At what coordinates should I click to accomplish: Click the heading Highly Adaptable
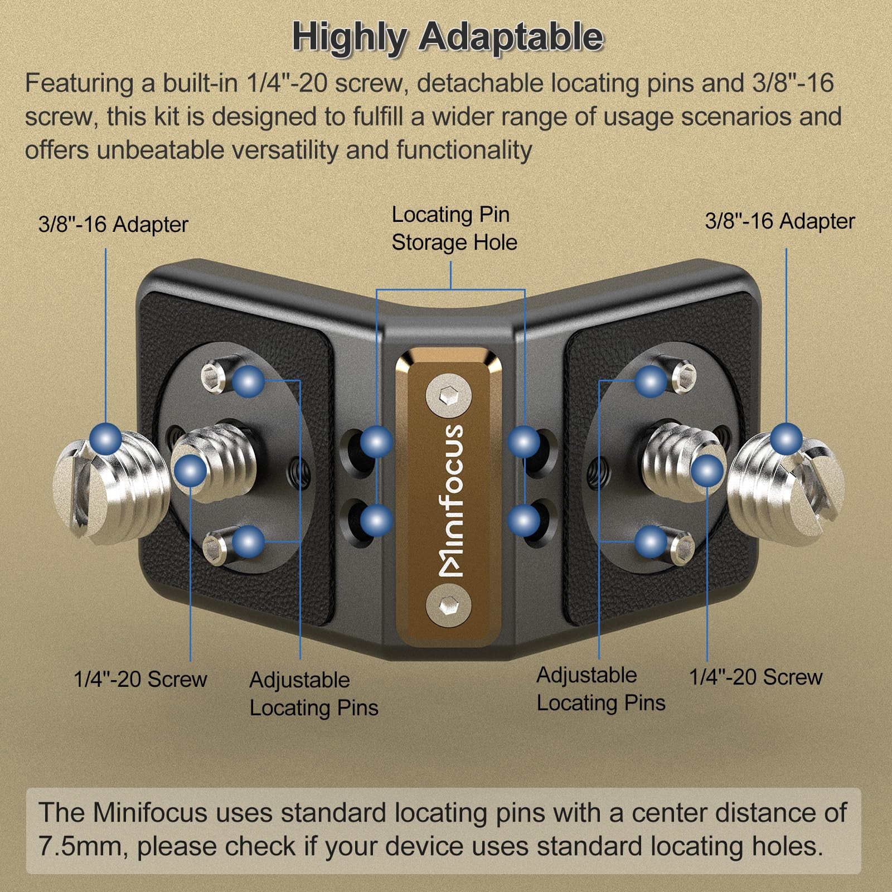pyautogui.click(x=448, y=37)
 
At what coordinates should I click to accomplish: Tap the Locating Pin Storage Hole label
pyautogui.click(x=454, y=229)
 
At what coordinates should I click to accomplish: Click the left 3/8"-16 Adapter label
pyautogui.click(x=113, y=225)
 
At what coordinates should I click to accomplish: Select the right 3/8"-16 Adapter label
pyautogui.click(x=779, y=221)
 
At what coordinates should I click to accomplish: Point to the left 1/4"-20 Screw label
pyautogui.click(x=140, y=679)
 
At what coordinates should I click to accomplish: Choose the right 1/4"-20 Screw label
pyautogui.click(x=756, y=677)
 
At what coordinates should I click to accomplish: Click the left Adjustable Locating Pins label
pyautogui.click(x=314, y=694)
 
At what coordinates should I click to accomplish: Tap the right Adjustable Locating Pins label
pyautogui.click(x=600, y=689)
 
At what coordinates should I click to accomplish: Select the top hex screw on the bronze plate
pyautogui.click(x=448, y=397)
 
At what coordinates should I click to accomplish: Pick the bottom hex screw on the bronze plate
pyautogui.click(x=448, y=604)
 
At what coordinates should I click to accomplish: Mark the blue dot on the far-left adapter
pyautogui.click(x=106, y=438)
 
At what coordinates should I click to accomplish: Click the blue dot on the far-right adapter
pyautogui.click(x=787, y=439)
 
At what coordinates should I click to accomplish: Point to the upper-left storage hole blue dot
pyautogui.click(x=376, y=442)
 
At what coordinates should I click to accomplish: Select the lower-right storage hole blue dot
pyautogui.click(x=524, y=521)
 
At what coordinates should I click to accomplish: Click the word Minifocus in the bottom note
pyautogui.click(x=151, y=812)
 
